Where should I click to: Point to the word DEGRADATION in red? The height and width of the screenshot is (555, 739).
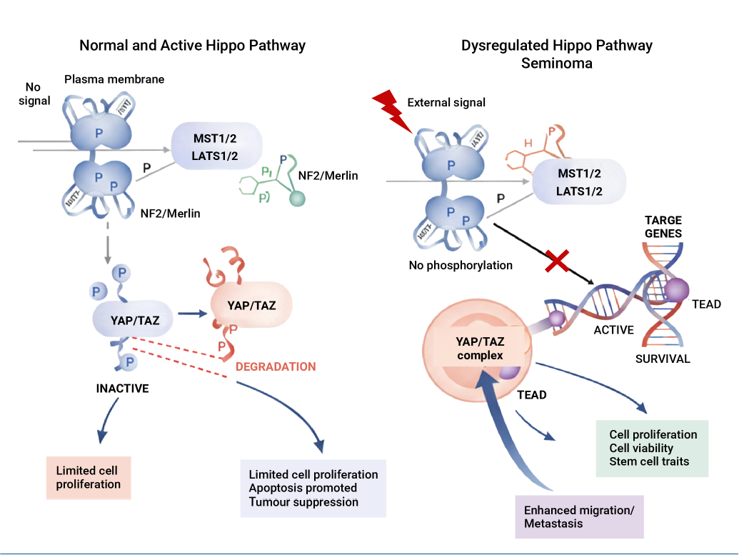[276, 366]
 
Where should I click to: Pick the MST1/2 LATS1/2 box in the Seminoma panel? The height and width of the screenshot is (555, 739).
[579, 183]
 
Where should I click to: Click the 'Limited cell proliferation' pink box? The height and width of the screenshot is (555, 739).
[89, 478]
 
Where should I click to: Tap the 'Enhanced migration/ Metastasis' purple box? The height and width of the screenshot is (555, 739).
[579, 517]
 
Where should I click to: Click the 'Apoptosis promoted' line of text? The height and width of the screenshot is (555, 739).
[303, 488]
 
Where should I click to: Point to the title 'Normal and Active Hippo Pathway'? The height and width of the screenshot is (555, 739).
[192, 46]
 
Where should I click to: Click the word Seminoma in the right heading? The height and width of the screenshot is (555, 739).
[557, 63]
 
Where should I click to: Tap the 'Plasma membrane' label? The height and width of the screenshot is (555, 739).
[114, 79]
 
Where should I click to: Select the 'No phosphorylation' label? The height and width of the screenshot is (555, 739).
[461, 266]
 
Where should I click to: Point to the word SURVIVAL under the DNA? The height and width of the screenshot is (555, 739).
[663, 359]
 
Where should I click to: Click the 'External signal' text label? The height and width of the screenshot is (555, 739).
[446, 102]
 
